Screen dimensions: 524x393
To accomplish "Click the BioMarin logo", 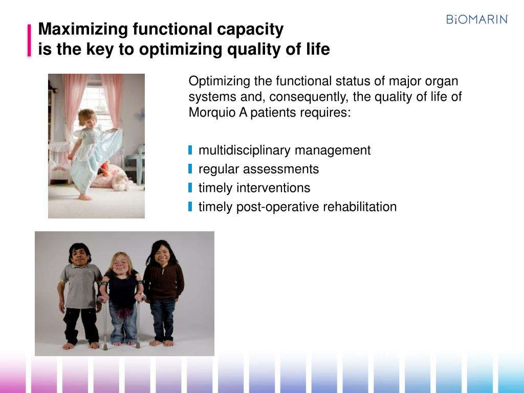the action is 477,19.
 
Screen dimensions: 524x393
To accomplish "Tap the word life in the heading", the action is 318,49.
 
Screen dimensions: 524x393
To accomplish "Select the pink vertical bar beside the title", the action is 29,40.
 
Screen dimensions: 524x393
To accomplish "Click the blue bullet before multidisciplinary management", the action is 190,150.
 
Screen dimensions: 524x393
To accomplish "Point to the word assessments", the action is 281,169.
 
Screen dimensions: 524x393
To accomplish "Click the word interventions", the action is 273,188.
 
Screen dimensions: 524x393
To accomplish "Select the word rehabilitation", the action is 360,207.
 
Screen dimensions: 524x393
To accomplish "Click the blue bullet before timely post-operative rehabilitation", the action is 190,207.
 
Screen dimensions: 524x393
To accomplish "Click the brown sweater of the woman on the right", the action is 164,281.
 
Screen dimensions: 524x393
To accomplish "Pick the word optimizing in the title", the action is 181,50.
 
